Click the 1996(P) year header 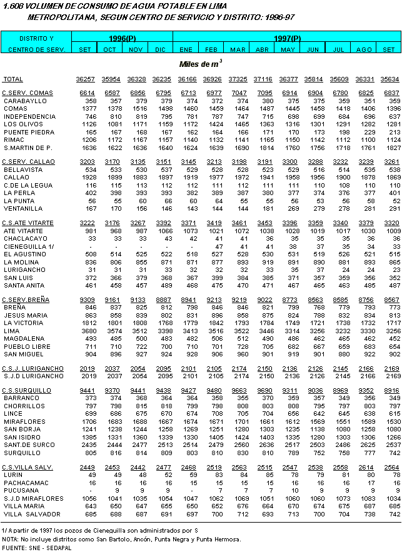click(x=123, y=39)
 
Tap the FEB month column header click(x=212, y=49)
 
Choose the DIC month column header click(x=161, y=49)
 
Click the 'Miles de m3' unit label click(x=200, y=64)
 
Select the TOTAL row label click(x=13, y=79)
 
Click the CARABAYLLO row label click(x=25, y=101)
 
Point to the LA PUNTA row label click(x=21, y=201)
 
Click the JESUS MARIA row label click(x=26, y=315)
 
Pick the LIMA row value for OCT click(x=109, y=331)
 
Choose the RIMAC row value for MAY click(x=288, y=139)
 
